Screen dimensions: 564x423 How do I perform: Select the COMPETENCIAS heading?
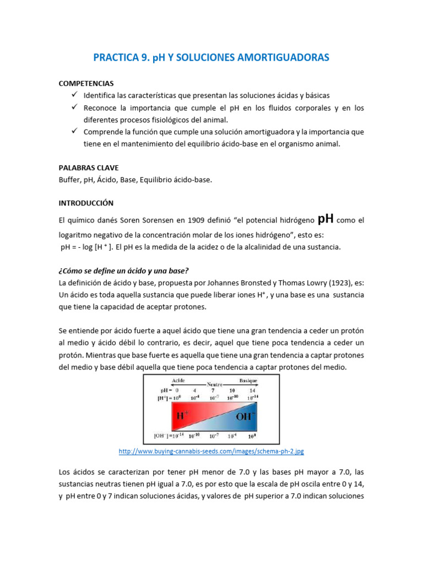(86, 83)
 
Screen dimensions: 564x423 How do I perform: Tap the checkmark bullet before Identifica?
(74, 95)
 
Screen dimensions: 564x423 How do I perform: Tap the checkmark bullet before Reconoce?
(74, 107)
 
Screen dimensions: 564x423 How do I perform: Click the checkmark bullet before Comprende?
(74, 132)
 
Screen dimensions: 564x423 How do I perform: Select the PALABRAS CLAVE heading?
(88, 167)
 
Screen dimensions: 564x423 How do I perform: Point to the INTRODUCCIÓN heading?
(86, 203)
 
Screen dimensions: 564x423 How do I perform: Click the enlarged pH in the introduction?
(326, 219)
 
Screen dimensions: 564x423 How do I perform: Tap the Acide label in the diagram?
(179, 381)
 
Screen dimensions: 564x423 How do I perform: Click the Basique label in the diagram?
(248, 381)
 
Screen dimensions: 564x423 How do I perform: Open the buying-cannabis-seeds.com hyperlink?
(211, 452)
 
